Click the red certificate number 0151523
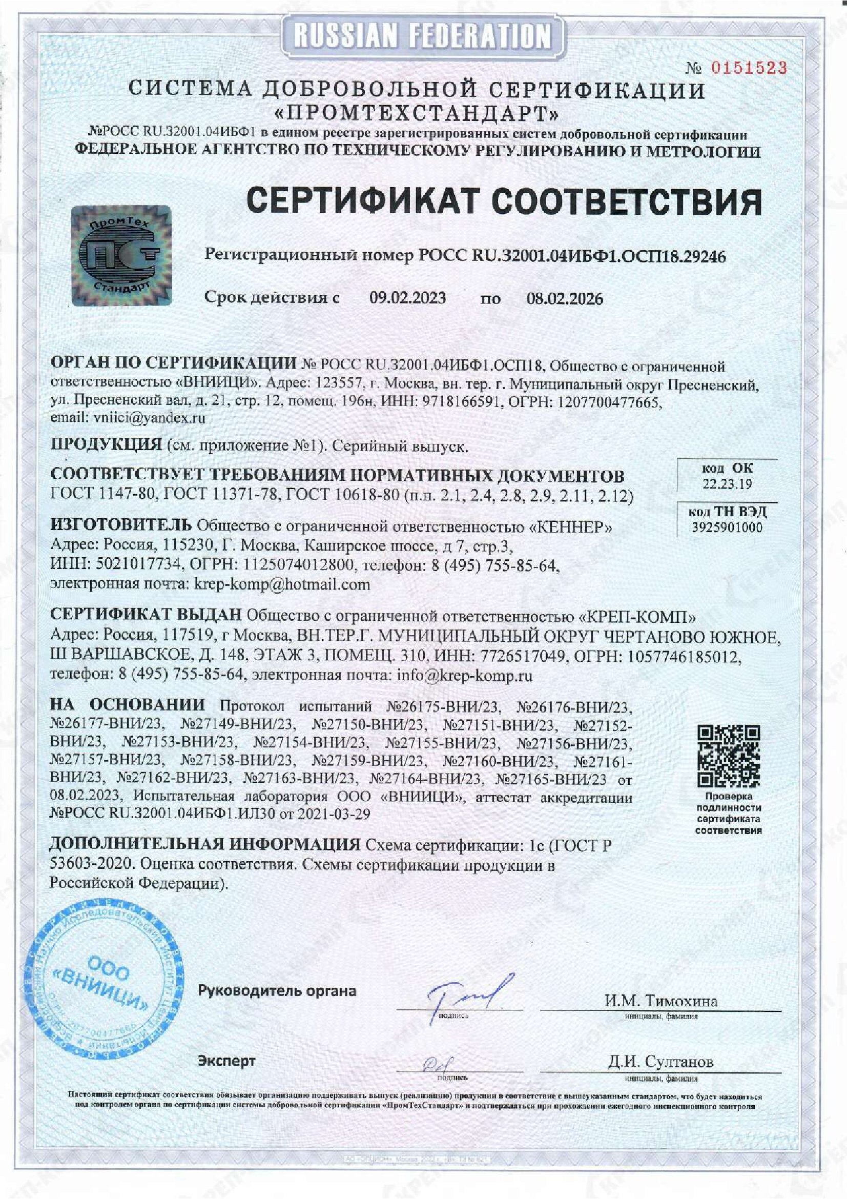tap(749, 68)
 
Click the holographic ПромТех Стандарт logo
tap(121, 254)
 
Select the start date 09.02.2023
tap(407, 298)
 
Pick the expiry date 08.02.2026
tap(564, 299)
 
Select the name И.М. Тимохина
tap(661, 1001)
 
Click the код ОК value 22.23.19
tap(727, 484)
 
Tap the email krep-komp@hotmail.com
tap(282, 584)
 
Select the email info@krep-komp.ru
tap(464, 675)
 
